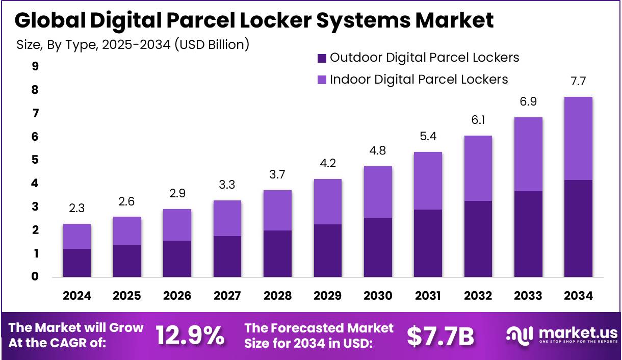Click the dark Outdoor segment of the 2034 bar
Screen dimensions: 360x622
click(x=578, y=228)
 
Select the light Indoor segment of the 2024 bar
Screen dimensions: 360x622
click(x=77, y=236)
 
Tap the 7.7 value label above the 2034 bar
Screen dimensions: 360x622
click(x=578, y=81)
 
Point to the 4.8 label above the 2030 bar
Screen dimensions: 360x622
click(x=378, y=151)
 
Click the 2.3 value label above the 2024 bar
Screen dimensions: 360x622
click(x=77, y=209)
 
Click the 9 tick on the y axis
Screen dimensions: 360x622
click(x=35, y=66)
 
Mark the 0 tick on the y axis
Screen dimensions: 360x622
click(x=35, y=277)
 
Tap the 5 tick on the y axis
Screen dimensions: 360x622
click(x=35, y=160)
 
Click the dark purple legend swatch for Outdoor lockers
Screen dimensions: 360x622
click(x=322, y=58)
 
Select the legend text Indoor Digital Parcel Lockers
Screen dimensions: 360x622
click(x=419, y=80)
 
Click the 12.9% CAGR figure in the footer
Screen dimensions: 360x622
click(x=190, y=336)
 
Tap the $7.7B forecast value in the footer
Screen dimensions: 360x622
click(x=440, y=336)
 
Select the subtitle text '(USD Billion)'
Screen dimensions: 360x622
click(x=212, y=45)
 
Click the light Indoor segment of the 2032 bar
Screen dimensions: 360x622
click(x=478, y=168)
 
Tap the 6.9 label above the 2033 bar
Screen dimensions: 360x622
click(x=528, y=101)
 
